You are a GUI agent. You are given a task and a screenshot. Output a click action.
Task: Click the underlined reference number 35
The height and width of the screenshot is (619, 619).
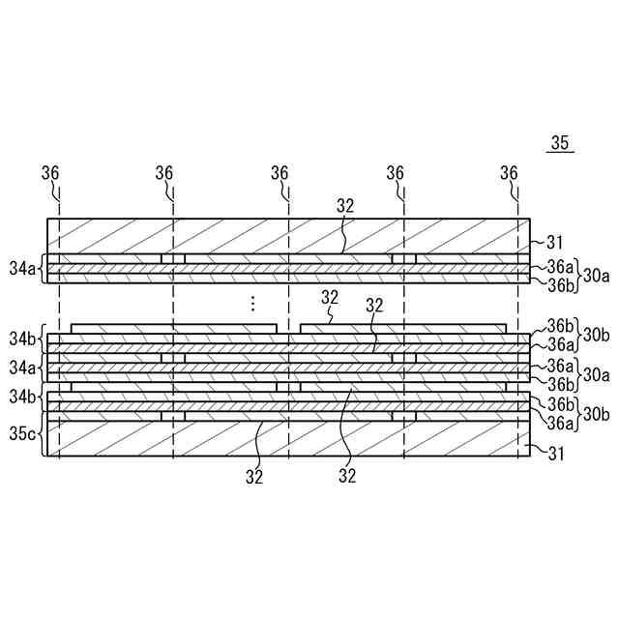click(x=561, y=143)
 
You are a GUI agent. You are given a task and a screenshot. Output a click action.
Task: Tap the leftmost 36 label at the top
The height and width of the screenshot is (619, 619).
click(x=50, y=172)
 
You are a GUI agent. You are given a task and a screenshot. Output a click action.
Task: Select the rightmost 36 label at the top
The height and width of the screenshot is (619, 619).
click(x=510, y=172)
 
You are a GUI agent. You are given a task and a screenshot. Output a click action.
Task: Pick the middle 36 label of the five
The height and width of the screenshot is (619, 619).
click(x=280, y=172)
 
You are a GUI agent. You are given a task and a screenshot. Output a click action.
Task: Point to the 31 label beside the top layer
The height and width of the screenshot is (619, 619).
click(x=555, y=242)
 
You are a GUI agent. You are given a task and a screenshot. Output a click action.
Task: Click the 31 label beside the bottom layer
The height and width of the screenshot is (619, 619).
click(x=555, y=452)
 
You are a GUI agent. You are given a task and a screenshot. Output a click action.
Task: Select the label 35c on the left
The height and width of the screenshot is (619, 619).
click(x=21, y=433)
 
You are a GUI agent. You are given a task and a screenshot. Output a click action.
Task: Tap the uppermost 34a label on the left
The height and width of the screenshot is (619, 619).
click(x=21, y=267)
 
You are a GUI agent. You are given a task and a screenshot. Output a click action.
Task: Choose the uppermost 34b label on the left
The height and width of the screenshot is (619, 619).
click(x=21, y=339)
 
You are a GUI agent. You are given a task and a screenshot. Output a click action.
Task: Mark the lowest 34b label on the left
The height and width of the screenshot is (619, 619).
click(x=21, y=397)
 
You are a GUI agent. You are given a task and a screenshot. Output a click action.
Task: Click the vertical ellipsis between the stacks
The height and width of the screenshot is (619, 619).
click(x=251, y=304)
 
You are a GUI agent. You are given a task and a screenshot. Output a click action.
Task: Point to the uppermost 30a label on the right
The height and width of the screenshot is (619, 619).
click(x=596, y=276)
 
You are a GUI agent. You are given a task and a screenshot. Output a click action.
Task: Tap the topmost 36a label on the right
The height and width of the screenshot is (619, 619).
click(x=561, y=267)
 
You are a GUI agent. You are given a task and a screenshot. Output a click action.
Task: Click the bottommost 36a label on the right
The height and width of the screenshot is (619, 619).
click(x=561, y=423)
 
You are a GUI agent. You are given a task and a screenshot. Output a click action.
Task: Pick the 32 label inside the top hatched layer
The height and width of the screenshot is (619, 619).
click(x=346, y=205)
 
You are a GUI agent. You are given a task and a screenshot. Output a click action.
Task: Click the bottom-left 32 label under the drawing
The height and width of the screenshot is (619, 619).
click(x=254, y=476)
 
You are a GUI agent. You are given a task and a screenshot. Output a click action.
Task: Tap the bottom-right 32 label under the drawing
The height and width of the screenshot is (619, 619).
click(x=347, y=476)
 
